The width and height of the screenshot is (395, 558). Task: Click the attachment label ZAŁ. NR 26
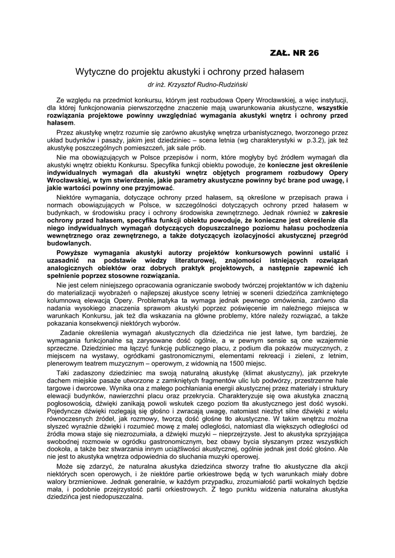pos(295,53)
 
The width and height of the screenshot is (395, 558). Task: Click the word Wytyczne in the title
pos(94,71)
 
